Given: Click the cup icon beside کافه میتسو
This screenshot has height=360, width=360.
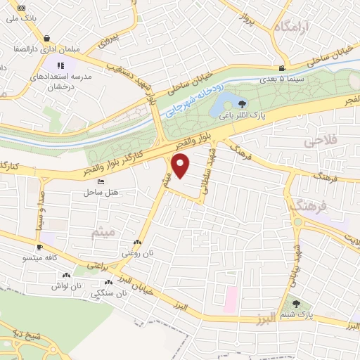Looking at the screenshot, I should pos(39,247).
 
